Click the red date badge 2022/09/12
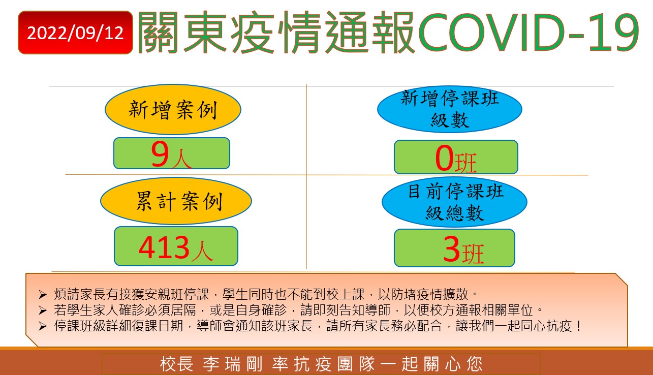75,33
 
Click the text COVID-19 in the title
528,33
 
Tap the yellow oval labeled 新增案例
173,109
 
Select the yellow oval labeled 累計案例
176,201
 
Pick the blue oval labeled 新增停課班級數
450,109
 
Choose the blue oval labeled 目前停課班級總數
454,202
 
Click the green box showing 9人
172,153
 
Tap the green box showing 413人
176,246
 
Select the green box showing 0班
456,157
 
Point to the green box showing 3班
454,248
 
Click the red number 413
164,247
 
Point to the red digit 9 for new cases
160,154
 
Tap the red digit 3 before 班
452,249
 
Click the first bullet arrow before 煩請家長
43,295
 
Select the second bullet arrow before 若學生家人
43,310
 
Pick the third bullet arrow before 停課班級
43,326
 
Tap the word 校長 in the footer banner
177,364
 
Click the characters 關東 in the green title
181,33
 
